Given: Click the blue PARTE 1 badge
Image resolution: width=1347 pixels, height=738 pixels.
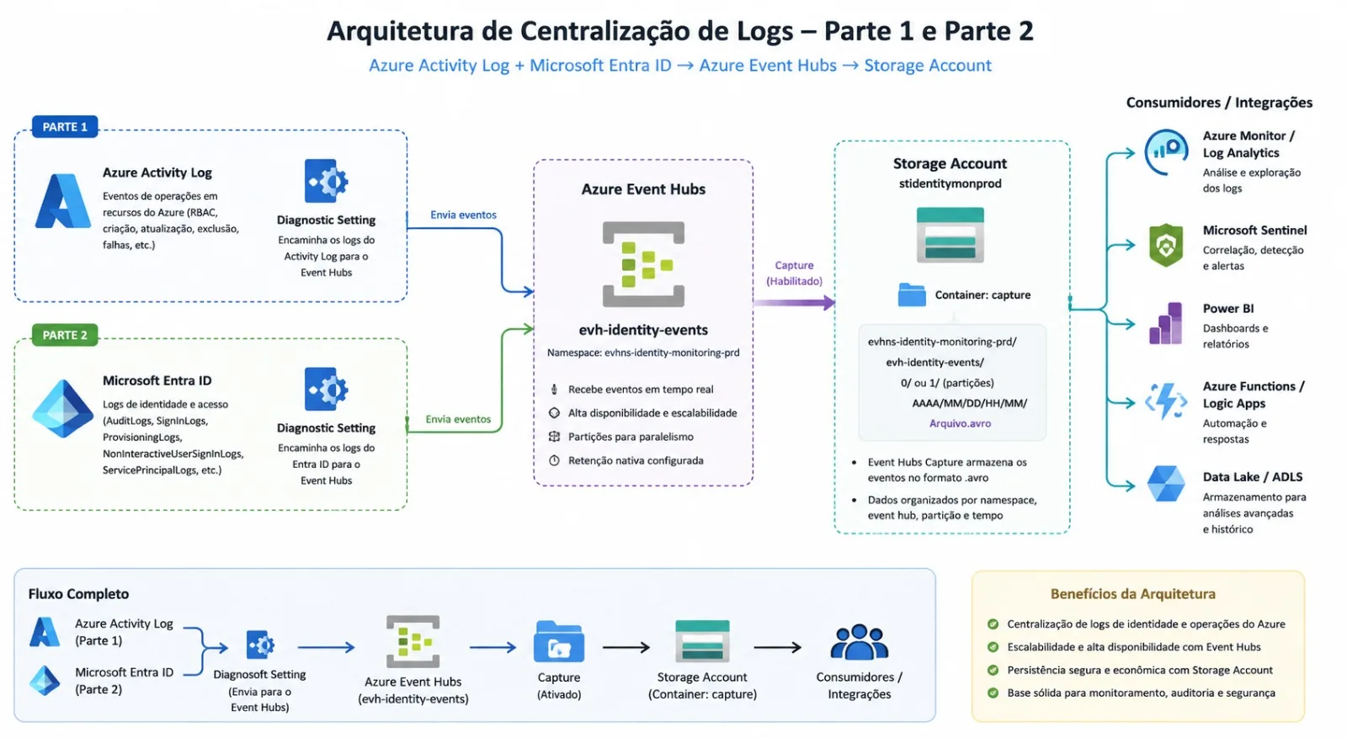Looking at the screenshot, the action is coord(65,127).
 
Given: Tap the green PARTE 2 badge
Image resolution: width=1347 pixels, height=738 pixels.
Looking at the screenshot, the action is coord(65,335).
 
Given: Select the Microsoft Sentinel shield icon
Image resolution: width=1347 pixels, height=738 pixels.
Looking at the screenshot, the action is coord(1165,245).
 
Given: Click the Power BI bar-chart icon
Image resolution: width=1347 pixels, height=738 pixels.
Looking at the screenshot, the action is coord(1165,323).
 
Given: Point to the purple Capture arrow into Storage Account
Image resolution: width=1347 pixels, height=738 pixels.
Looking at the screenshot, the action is coord(794,302).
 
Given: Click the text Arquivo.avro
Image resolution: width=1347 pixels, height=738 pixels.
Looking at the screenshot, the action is coord(960,423).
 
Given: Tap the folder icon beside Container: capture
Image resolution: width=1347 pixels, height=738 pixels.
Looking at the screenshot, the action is coord(912,295).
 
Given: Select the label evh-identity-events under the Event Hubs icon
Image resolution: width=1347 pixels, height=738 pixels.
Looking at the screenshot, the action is coord(643,330).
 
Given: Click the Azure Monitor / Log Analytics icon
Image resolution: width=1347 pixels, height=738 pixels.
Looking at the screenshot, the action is coord(1166,152).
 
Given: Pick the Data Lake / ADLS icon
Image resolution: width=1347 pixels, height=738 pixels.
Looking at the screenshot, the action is coord(1165,483).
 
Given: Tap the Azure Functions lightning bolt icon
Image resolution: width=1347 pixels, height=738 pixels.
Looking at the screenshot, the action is coord(1165,401).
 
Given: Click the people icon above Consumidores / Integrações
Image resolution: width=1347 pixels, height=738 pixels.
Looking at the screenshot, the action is coord(859,642).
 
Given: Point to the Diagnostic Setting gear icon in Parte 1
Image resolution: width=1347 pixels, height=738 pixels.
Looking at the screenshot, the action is coord(326,181).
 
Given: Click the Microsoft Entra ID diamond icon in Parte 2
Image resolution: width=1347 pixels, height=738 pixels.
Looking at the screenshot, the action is coord(62,409).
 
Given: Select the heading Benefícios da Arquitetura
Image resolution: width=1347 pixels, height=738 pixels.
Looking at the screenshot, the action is coord(1133,594).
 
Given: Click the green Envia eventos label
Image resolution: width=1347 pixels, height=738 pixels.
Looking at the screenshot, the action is coord(458,419).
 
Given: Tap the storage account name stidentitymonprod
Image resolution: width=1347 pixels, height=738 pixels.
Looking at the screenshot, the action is coord(950,183).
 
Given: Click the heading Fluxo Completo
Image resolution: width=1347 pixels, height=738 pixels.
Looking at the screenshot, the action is coord(79,594).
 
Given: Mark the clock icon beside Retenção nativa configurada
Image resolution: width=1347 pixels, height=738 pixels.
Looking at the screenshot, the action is coord(555,460).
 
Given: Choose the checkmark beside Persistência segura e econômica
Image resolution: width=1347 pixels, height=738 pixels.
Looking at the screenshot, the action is coord(993,670).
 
